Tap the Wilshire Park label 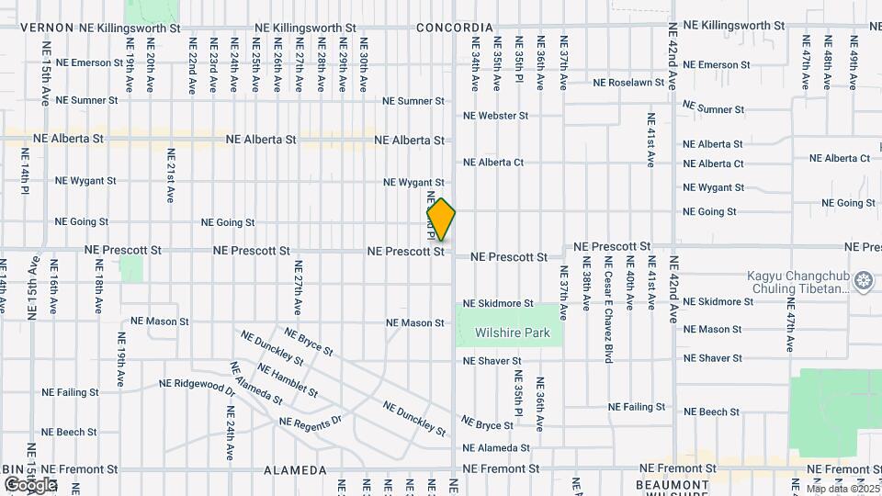pyautogui.click(x=512, y=333)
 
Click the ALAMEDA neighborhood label pyautogui.click(x=295, y=470)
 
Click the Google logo pyautogui.click(x=29, y=484)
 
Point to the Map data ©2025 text pyautogui.click(x=841, y=489)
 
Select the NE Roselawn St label pyautogui.click(x=628, y=83)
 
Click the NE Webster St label pyautogui.click(x=495, y=116)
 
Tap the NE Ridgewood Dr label pyautogui.click(x=197, y=385)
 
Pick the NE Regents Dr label pyautogui.click(x=310, y=422)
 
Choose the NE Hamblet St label pyautogui.click(x=287, y=380)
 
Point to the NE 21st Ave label pyautogui.click(x=170, y=175)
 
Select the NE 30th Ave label pyautogui.click(x=364, y=63)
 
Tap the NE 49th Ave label pyautogui.click(x=853, y=63)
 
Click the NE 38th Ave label pyautogui.click(x=586, y=288)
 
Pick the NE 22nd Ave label pyautogui.click(x=193, y=63)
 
